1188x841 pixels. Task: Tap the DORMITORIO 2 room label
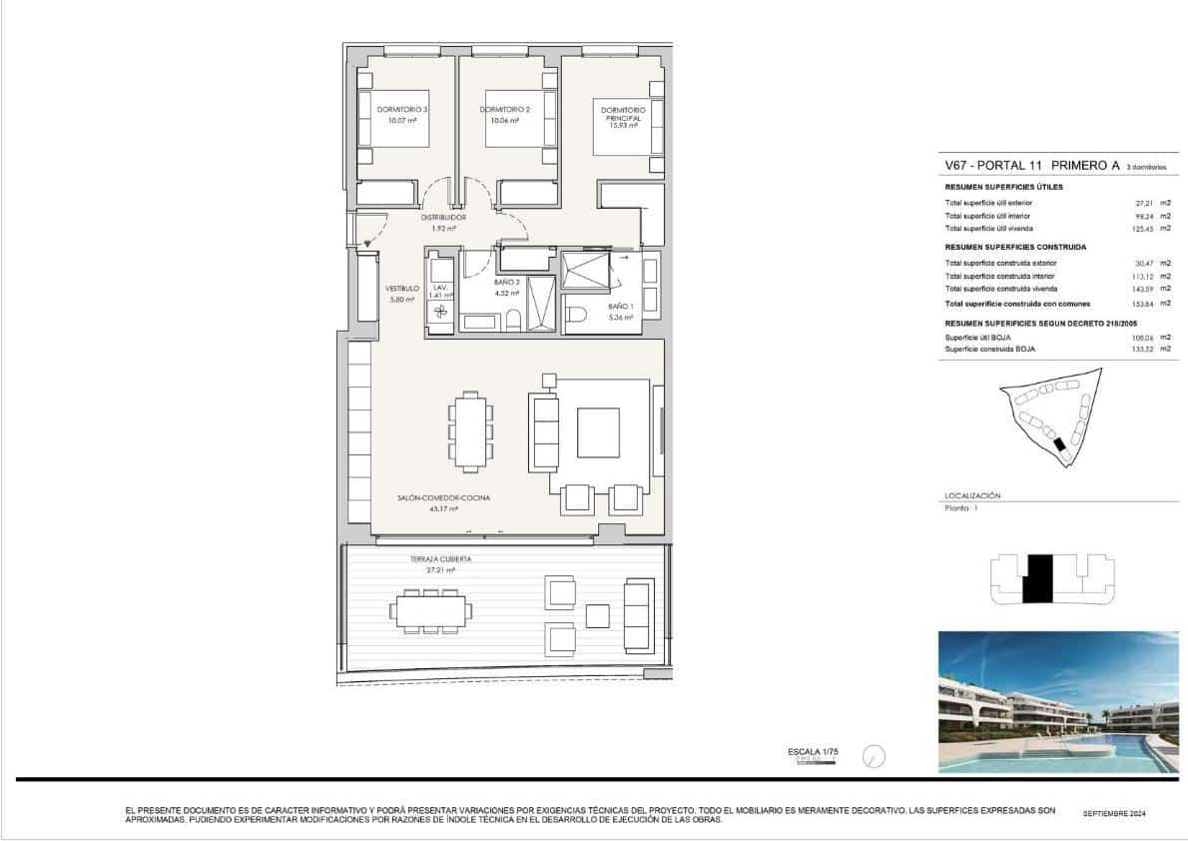tap(504, 109)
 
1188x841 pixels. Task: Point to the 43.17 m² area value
tap(443, 508)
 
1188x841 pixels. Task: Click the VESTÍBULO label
tap(402, 288)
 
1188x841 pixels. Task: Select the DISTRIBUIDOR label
tap(443, 217)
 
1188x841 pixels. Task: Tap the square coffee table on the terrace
tap(598, 615)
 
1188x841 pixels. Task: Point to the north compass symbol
tap(874, 756)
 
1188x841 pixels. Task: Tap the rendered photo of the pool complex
tap(1058, 701)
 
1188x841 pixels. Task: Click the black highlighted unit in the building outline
tap(1037, 578)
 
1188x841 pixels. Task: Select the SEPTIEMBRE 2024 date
tap(1114, 814)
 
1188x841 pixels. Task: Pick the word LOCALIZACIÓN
tap(971, 495)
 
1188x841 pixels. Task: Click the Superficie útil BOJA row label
tap(978, 338)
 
